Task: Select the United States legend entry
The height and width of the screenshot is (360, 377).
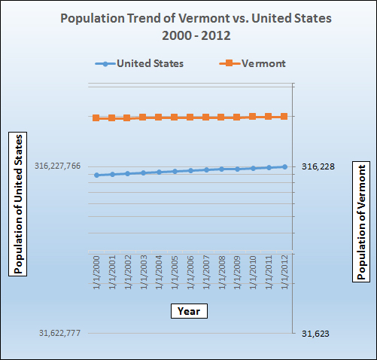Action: (x=139, y=64)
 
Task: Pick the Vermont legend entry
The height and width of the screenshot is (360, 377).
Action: (x=252, y=64)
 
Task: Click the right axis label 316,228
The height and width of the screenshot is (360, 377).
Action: (x=318, y=166)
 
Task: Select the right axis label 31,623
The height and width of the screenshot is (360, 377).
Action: (x=315, y=334)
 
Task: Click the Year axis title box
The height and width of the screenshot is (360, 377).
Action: (x=188, y=310)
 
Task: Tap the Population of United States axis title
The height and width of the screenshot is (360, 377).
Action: (x=17, y=203)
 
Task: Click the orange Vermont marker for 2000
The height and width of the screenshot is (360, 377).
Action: (x=96, y=118)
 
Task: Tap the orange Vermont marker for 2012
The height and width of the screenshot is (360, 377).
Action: (x=284, y=116)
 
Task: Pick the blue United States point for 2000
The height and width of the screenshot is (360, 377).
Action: (x=96, y=175)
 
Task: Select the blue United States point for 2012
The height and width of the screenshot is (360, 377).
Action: (x=284, y=166)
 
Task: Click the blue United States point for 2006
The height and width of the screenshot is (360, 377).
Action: (x=190, y=171)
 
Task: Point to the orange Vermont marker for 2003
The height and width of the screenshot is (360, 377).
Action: (x=143, y=117)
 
